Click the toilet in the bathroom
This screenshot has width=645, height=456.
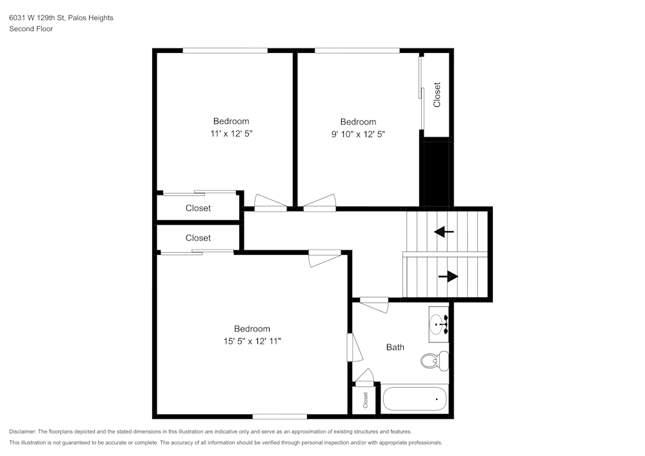pyautogui.click(x=433, y=360)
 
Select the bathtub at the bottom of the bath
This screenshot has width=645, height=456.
pyautogui.click(x=415, y=399)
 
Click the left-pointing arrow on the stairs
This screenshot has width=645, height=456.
pyautogui.click(x=444, y=232)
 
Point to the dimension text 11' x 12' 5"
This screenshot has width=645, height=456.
pyautogui.click(x=231, y=134)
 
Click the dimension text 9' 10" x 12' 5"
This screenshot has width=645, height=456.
pyautogui.click(x=358, y=134)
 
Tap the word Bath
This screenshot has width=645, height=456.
pyautogui.click(x=395, y=347)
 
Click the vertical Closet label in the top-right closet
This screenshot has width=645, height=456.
pyautogui.click(x=437, y=94)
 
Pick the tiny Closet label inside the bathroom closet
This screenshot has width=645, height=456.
pyautogui.click(x=365, y=400)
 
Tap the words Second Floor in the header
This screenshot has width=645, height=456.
pyautogui.click(x=31, y=29)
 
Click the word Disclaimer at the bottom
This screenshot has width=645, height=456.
pyautogui.click(x=23, y=431)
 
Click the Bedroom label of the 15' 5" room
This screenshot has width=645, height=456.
pyautogui.click(x=252, y=328)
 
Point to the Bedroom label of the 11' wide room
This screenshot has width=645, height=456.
pyautogui.click(x=231, y=121)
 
